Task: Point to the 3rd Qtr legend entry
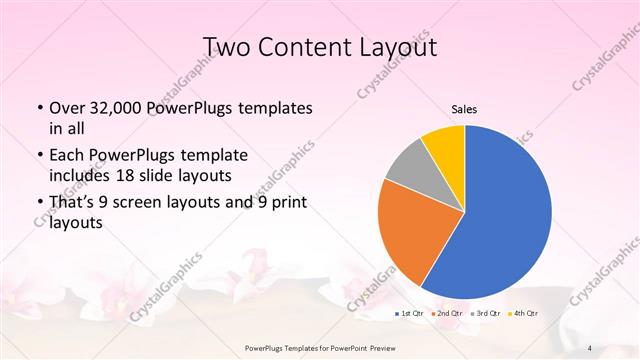point(486,314)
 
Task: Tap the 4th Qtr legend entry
point(523,314)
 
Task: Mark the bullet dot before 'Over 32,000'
point(39,108)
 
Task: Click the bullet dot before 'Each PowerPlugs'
point(39,156)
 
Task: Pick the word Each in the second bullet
point(67,156)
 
